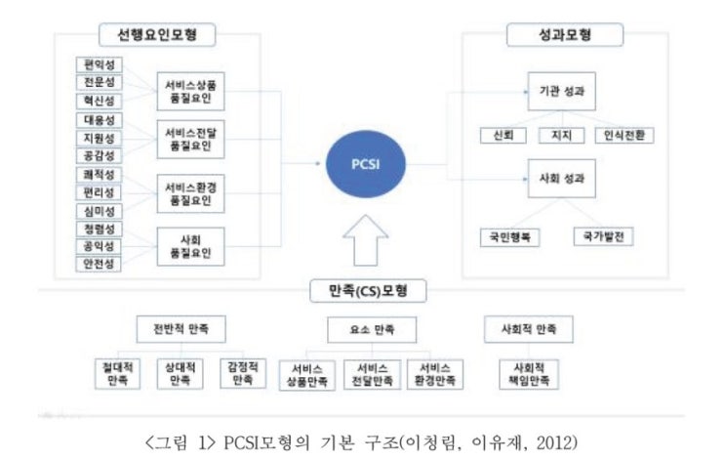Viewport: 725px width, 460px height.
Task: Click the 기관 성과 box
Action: point(562,92)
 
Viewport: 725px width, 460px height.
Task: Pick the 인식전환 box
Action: point(624,135)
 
